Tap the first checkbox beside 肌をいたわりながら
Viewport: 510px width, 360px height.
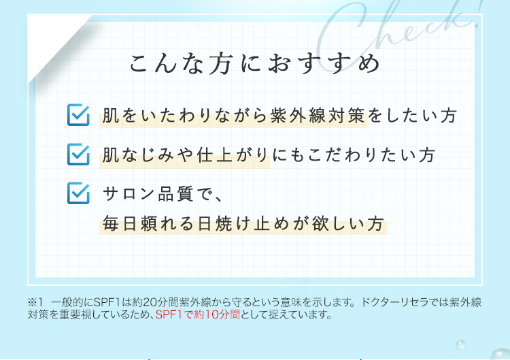pyautogui.click(x=79, y=115)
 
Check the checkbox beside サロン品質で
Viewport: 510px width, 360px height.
pyautogui.click(x=79, y=193)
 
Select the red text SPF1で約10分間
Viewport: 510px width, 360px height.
pyautogui.click(x=197, y=315)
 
